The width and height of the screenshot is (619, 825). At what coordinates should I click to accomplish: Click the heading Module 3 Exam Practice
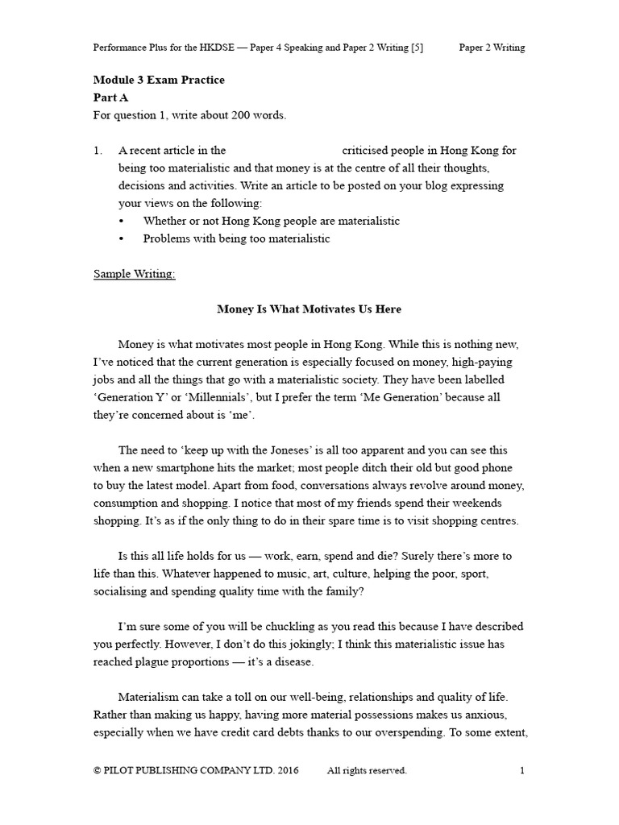click(x=159, y=80)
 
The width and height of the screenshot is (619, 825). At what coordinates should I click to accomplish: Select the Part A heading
click(x=110, y=97)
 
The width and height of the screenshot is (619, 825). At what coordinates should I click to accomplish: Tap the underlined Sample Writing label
click(x=134, y=274)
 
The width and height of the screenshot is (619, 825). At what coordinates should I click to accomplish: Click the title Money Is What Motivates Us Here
click(x=309, y=309)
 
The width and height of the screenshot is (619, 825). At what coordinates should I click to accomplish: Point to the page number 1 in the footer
click(x=522, y=771)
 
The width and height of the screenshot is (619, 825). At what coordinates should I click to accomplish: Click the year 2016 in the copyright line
click(x=288, y=771)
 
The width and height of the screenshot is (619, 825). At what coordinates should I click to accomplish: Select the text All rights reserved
click(x=367, y=771)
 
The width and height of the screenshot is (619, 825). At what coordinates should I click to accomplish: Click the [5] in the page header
click(x=416, y=48)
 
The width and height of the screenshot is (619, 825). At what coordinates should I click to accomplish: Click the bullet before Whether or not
click(x=122, y=221)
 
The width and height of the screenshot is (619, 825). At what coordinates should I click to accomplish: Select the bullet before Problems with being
click(x=122, y=238)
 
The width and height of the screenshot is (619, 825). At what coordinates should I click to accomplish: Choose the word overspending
click(x=426, y=732)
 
